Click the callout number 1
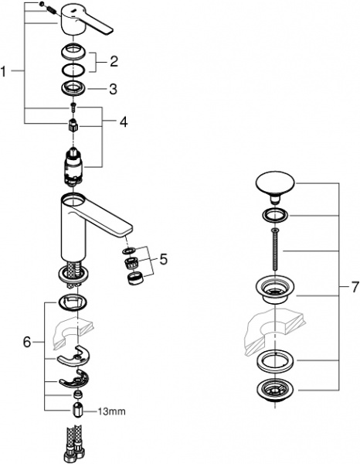pyautogui.click(x=6, y=71)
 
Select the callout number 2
pyautogui.click(x=113, y=61)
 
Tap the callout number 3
pyautogui.click(x=113, y=89)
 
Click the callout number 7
pyautogui.click(x=354, y=287)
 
